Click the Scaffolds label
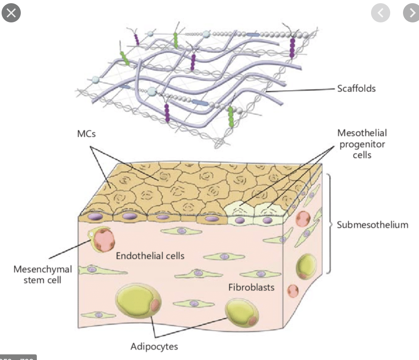tap(356, 88)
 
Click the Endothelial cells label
tap(150, 256)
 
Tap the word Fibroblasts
tap(251, 287)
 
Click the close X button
tap(11, 13)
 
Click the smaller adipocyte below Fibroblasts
tap(241, 312)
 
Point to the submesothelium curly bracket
tap(328, 224)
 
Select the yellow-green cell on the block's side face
tap(306, 266)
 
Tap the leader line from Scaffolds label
tap(304, 90)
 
